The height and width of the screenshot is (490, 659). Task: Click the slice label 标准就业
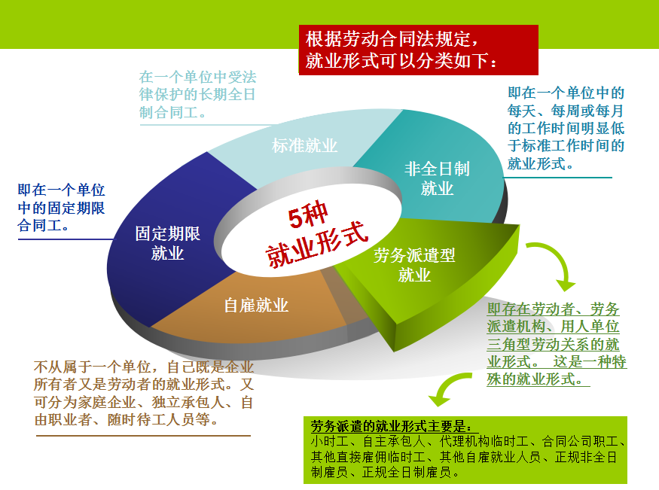[x=304, y=146]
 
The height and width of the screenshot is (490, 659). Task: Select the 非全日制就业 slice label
[x=437, y=178]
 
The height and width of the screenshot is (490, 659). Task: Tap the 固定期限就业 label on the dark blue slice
[x=168, y=244]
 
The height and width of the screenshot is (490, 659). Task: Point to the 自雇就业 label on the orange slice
[x=256, y=306]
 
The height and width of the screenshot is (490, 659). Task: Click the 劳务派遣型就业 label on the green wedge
[x=414, y=265]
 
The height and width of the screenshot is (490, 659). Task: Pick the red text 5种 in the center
[x=308, y=215]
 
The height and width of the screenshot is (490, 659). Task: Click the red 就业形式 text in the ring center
[x=317, y=245]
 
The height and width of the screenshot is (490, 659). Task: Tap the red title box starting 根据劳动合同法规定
[x=419, y=50]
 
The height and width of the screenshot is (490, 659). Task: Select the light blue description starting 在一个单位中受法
[x=197, y=95]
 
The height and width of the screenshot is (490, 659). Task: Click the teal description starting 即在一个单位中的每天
[x=566, y=128]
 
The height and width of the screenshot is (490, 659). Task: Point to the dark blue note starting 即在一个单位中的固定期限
[x=61, y=208]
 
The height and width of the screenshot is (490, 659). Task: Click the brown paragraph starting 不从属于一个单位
[x=144, y=394]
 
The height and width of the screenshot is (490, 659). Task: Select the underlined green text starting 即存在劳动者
[x=557, y=344]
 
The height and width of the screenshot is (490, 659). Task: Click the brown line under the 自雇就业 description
[x=143, y=436]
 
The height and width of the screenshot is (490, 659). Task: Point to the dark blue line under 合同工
[x=66, y=239]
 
